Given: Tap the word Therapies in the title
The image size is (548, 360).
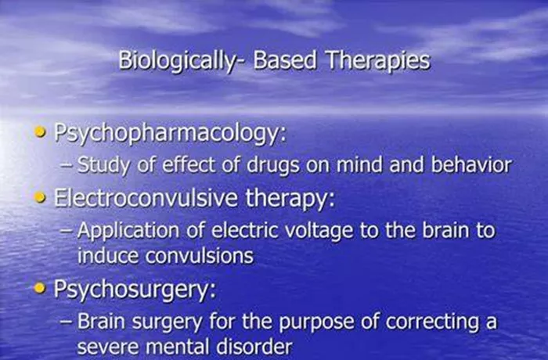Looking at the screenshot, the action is (378, 60).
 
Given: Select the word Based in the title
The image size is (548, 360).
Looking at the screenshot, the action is (285, 60).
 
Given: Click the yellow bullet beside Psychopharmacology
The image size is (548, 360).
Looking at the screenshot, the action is (41, 132).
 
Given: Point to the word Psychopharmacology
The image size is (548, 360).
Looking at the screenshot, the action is (170, 134).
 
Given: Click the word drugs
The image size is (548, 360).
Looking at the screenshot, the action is (273, 165).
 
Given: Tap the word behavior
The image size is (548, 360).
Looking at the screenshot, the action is (471, 164).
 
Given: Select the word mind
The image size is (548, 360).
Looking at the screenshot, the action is (359, 164).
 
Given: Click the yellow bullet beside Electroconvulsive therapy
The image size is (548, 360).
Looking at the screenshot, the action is (41, 197).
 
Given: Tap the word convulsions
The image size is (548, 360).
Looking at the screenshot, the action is (199, 256).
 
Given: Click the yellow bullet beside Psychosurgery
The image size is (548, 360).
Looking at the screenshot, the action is (41, 288).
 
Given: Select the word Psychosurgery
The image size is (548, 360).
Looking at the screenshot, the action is (135, 290).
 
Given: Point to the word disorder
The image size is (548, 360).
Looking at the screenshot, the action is (254, 347).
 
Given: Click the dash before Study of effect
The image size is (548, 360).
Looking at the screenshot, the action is (67, 165).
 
